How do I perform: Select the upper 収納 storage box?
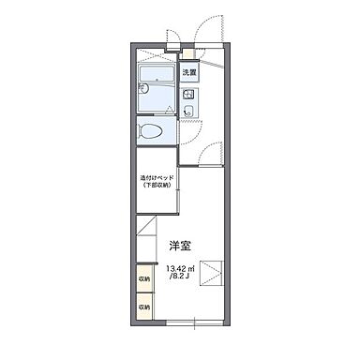coord(145,278)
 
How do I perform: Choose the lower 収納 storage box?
coord(145,306)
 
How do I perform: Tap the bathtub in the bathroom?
coord(157,76)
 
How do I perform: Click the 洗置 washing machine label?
coord(188,72)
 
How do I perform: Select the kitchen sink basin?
coord(188,112)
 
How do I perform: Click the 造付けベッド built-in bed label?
coord(155,177)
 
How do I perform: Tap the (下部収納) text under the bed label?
coord(155,186)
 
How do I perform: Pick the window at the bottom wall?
coord(192,322)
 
